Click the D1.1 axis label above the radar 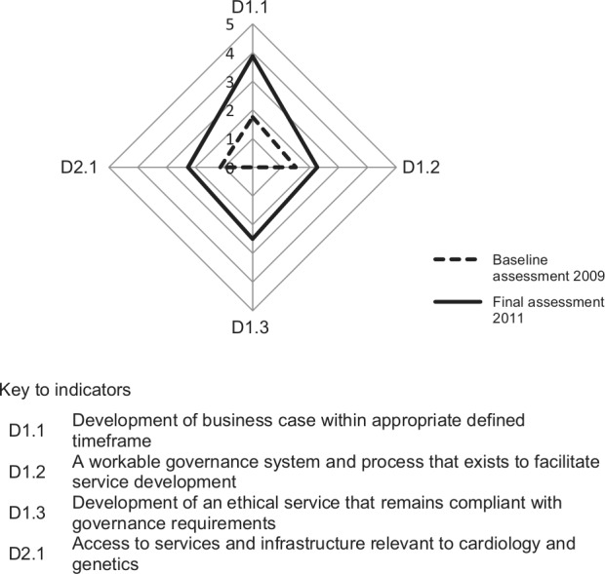coord(253,8)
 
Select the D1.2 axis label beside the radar coord(421,169)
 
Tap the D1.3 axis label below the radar coord(253,326)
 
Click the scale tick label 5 coord(230,23)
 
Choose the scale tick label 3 coord(230,81)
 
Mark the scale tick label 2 coord(230,110)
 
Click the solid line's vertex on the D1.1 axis coord(253,56)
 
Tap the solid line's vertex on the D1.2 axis coord(318,169)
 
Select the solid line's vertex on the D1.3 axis coord(253,238)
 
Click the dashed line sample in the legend coord(456,260)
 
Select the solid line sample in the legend coord(456,301)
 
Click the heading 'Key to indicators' coord(65,390)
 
